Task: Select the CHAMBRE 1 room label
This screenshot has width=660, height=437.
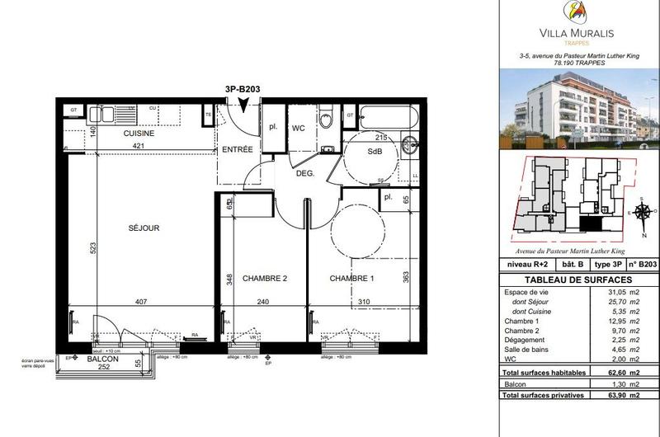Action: (x=351, y=279)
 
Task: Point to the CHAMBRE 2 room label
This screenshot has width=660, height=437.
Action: (x=264, y=279)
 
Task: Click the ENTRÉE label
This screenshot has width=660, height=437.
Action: (x=237, y=149)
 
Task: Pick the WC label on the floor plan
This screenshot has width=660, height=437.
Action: (x=298, y=128)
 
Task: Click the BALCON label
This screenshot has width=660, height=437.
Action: (x=103, y=359)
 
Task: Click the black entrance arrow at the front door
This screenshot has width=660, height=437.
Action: (x=243, y=103)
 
